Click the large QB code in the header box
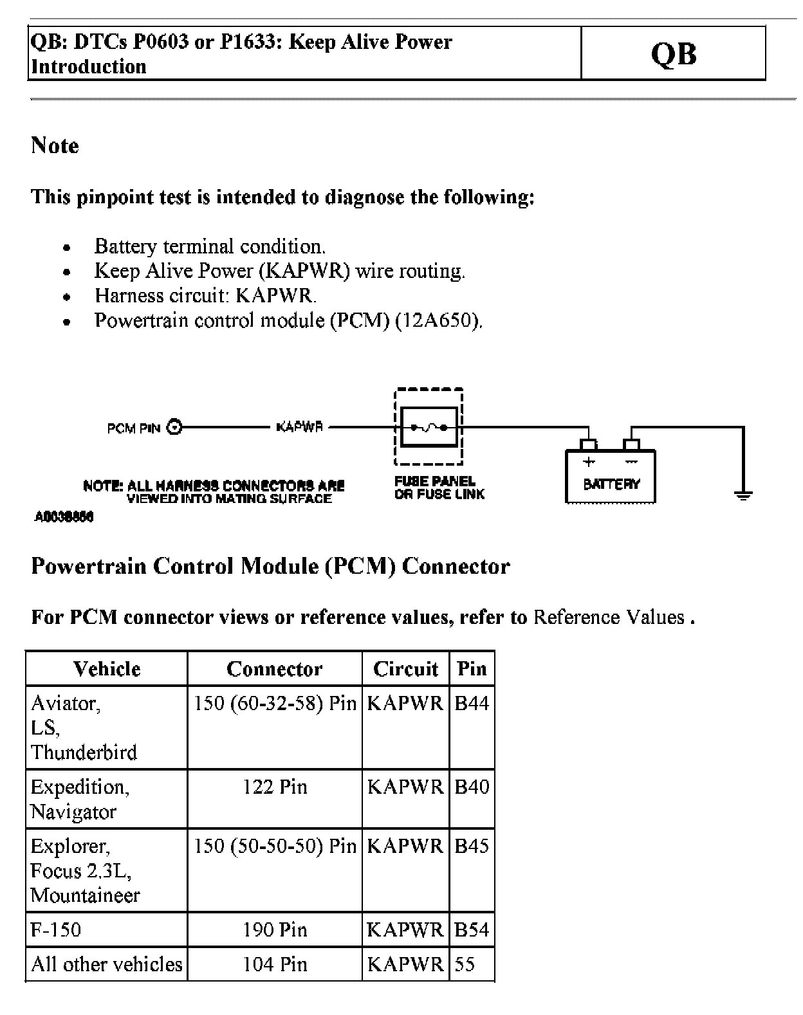point(673,54)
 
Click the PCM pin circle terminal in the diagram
point(174,427)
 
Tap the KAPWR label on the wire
point(299,427)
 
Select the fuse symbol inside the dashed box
point(429,427)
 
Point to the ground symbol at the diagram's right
point(743,495)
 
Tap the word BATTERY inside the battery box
point(611,484)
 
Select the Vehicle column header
point(107,669)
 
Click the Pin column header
point(472,669)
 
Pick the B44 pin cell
point(472,703)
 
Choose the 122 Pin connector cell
point(275,787)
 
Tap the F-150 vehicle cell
point(56,930)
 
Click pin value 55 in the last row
point(465,964)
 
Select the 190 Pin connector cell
point(275,930)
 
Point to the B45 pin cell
point(472,846)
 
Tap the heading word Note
point(55,145)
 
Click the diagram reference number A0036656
point(64,517)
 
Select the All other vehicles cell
point(107,964)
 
